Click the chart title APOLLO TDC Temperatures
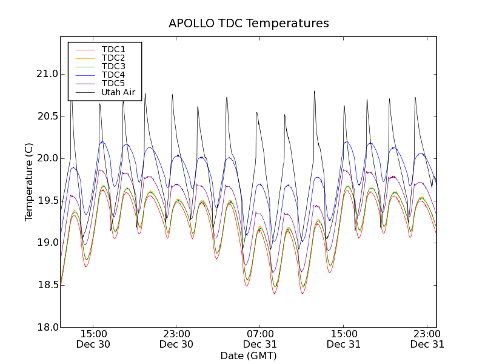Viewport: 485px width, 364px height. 249,24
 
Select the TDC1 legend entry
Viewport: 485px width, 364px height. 113,49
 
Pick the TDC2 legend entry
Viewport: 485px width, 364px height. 113,58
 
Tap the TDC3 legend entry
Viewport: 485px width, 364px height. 113,66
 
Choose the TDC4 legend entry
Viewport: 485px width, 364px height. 113,75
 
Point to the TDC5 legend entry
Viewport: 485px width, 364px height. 113,84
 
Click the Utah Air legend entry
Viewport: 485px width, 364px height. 118,93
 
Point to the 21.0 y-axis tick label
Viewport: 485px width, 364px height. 46,74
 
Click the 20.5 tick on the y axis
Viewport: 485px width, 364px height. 46,116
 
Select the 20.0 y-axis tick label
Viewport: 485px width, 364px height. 46,158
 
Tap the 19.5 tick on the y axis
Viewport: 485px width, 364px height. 46,201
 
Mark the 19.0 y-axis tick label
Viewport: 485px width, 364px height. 46,243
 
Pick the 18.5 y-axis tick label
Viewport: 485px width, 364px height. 46,285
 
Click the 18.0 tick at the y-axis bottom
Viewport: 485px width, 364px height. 46,327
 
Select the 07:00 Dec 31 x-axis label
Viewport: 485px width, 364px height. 260,339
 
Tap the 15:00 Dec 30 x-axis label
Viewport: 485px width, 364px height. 93,339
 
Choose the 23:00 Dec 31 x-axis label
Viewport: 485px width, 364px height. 427,339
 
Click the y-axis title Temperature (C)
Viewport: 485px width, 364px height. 29,182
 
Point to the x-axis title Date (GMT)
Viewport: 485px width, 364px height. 249,356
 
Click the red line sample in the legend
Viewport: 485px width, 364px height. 84,49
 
